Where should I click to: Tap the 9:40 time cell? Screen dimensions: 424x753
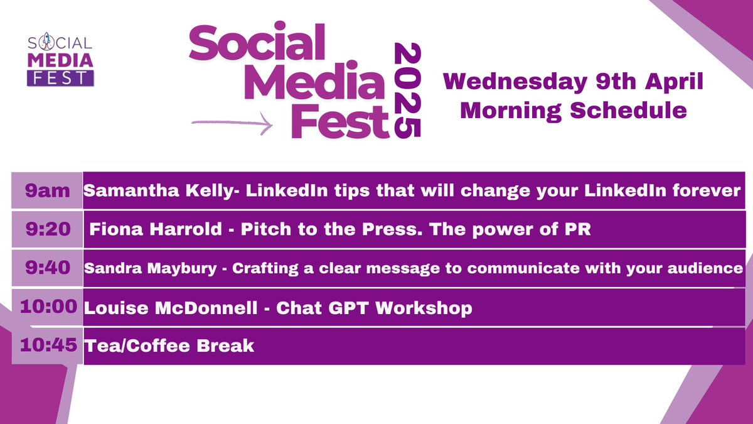tap(47, 268)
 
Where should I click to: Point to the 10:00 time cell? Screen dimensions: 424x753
tap(48, 307)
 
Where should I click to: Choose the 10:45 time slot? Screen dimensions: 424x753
tap(48, 345)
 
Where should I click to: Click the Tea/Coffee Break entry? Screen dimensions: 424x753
tap(169, 345)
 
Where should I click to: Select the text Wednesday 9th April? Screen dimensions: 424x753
tap(573, 82)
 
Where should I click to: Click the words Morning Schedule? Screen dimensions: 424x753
tap(573, 111)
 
